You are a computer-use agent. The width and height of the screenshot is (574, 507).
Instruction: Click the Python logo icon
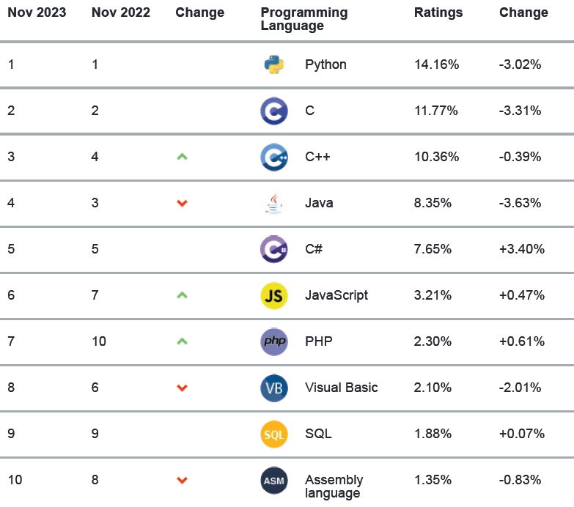coord(274,64)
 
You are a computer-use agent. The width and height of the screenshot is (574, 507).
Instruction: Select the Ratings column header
coord(438,12)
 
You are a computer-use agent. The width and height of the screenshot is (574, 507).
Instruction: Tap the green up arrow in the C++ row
coord(183,156)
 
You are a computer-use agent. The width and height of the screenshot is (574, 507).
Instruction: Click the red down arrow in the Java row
coord(183,203)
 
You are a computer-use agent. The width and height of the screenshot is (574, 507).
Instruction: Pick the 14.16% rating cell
coord(436,64)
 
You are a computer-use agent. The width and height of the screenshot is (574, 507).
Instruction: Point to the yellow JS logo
coord(274,295)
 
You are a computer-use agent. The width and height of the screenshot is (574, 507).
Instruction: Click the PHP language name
coord(318,341)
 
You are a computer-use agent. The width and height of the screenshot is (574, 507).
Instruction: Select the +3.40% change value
coord(521,249)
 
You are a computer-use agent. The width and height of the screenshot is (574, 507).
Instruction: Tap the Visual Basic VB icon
coord(274,388)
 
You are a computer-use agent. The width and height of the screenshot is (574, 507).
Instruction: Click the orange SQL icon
coord(274,434)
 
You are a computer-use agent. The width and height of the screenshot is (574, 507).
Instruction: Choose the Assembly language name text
coord(334,486)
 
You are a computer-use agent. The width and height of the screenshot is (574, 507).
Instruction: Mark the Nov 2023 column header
coord(37,12)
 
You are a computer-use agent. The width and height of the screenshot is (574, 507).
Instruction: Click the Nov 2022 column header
coord(121,12)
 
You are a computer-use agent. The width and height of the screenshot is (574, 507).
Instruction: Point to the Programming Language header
coord(304,19)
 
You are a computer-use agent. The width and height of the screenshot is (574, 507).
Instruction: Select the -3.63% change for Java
coord(520,203)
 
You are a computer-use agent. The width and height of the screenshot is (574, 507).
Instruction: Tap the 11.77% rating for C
coord(436,111)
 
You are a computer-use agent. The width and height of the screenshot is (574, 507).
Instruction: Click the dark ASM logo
coord(274,481)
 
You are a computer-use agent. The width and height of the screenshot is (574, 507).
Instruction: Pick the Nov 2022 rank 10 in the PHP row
coord(99,341)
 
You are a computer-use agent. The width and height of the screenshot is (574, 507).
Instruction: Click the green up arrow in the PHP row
coord(183,341)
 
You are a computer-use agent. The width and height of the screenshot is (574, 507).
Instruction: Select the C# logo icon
coord(274,249)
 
